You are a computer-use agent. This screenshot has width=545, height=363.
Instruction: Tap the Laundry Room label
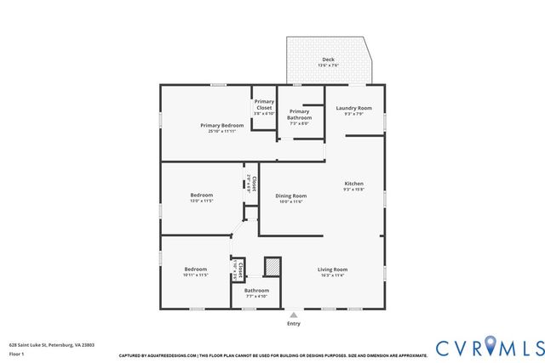(353, 108)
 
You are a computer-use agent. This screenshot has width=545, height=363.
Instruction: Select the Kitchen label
(353, 184)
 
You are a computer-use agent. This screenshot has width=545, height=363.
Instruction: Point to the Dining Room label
(290, 196)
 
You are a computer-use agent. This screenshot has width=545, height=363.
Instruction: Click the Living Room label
(333, 269)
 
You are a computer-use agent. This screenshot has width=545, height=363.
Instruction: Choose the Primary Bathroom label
(299, 115)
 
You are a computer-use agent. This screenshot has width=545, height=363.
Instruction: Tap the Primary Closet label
(264, 105)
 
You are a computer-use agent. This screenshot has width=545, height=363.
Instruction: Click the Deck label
(328, 59)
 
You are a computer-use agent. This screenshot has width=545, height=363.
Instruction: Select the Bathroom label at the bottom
(256, 291)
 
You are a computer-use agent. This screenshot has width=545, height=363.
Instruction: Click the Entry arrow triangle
(294, 315)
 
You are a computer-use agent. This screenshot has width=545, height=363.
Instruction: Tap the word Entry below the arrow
(294, 324)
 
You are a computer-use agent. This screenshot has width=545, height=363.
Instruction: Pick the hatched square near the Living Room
(272, 267)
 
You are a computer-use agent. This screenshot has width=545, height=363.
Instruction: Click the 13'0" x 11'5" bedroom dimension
(201, 201)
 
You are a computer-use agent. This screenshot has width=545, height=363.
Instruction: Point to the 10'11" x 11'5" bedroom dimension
(196, 275)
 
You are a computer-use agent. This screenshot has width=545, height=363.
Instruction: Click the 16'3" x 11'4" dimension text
(333, 275)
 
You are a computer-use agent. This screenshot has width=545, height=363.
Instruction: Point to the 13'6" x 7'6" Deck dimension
(328, 65)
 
